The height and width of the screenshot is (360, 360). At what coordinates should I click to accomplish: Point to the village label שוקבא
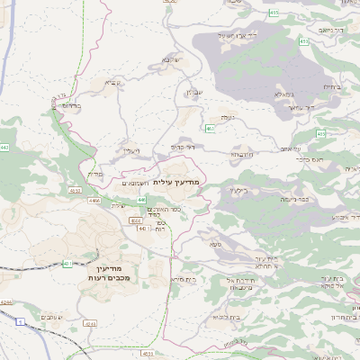point(171,59)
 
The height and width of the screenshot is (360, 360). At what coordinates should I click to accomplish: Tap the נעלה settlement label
point(224,117)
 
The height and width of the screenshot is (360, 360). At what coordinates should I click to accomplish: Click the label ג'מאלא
point(283,93)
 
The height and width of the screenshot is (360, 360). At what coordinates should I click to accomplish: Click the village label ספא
point(215,243)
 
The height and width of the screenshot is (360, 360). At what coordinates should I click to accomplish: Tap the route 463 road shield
point(210,129)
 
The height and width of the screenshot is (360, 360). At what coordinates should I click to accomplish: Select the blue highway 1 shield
point(17,321)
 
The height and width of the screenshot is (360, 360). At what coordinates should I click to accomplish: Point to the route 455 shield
point(274,12)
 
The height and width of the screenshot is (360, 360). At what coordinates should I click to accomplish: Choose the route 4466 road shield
point(94,202)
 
